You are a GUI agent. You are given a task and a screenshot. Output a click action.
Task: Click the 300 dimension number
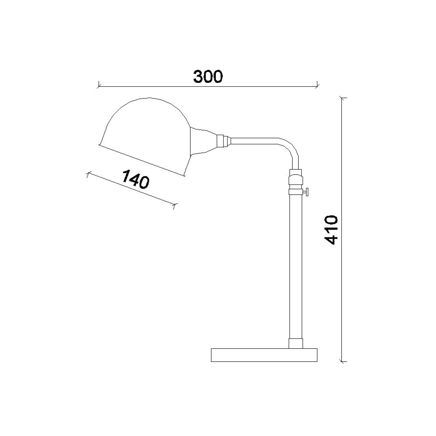coord(208,76)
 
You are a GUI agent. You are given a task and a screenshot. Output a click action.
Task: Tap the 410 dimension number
coord(331,230)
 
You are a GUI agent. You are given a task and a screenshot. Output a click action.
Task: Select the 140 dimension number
coord(136,179)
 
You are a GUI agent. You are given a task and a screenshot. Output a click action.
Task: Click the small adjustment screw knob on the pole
coord(306,192)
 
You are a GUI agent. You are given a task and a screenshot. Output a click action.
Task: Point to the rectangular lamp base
coord(264,355)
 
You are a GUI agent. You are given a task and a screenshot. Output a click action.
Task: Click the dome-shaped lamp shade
coord(145,136)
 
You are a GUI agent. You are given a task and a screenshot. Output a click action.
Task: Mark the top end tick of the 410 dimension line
coord(343,98)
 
